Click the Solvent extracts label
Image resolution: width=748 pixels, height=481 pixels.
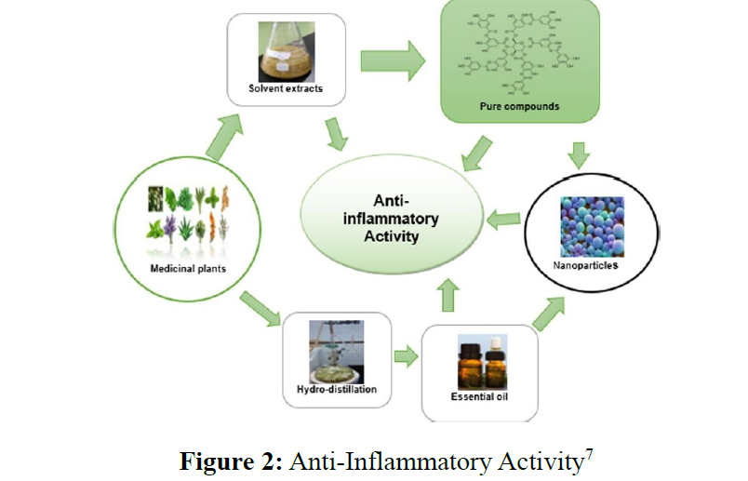click(x=287, y=89)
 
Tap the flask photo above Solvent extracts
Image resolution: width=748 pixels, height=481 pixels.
click(x=287, y=50)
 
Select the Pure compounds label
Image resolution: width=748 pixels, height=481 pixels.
click(x=519, y=107)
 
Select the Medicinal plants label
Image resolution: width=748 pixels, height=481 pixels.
click(x=189, y=270)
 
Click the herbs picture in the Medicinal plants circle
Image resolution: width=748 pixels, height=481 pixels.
click(x=189, y=216)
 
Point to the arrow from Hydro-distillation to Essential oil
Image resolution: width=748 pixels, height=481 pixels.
click(x=405, y=356)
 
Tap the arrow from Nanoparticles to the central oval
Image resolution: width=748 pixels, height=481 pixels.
click(x=504, y=220)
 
